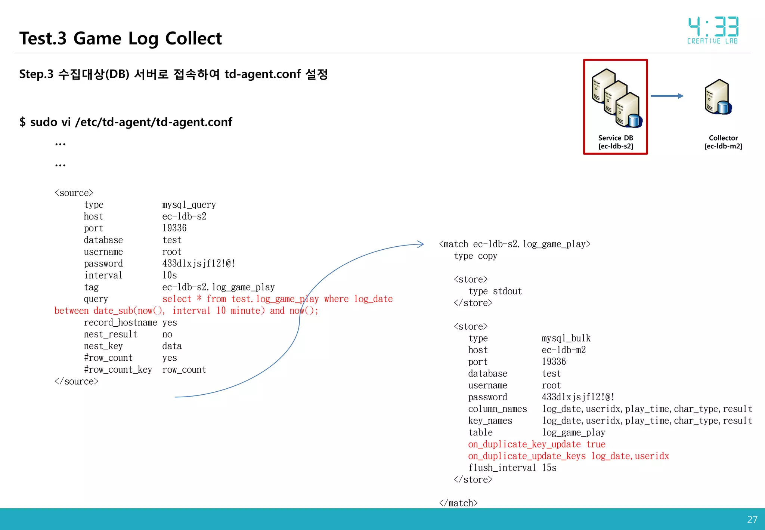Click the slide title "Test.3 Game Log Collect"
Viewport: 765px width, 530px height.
pos(120,38)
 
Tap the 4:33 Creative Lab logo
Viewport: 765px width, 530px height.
pos(713,30)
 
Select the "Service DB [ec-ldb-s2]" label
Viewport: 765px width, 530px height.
pos(616,142)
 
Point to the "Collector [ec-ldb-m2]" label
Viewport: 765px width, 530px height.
pos(723,142)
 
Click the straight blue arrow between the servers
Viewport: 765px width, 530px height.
pos(667,96)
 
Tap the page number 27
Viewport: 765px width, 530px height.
pos(752,520)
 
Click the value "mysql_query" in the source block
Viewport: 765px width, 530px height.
pos(189,205)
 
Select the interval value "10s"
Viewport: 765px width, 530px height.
pos(170,275)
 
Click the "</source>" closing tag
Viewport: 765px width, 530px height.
pos(76,381)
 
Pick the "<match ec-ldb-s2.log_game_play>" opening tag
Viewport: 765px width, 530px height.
pos(515,244)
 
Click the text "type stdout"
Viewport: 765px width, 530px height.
pos(495,291)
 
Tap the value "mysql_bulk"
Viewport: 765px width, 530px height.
pos(566,338)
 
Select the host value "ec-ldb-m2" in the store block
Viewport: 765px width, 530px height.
pos(564,350)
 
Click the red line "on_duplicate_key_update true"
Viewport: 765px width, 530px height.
pos(536,444)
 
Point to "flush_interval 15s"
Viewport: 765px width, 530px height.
pos(512,468)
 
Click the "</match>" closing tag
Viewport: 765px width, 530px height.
pos(458,503)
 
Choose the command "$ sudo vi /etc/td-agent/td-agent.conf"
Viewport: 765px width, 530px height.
pos(126,122)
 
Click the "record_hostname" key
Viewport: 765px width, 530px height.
pos(120,323)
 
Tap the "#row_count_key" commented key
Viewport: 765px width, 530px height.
pos(118,370)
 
